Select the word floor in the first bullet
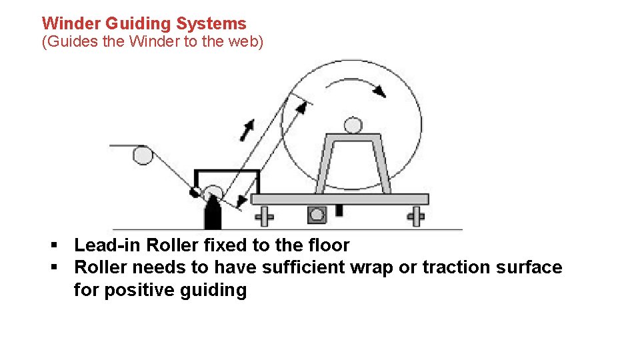coord(327,245)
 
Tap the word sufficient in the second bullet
coord(321,268)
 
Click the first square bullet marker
coord(54,245)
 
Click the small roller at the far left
coord(142,155)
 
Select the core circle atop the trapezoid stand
coord(353,125)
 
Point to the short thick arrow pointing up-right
coord(247,129)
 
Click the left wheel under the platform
coord(265,216)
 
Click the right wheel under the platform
coord(417,216)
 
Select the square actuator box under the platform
coord(316,215)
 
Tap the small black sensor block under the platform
coord(339,211)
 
